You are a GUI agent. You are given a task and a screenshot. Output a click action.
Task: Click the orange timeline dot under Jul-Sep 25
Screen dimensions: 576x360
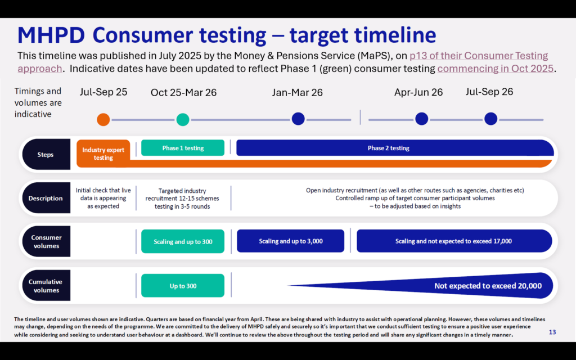pyautogui.click(x=103, y=119)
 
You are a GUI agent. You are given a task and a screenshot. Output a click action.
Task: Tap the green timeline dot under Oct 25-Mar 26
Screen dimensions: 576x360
pyautogui.click(x=183, y=119)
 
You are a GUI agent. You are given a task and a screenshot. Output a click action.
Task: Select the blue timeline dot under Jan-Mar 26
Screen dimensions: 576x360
pyautogui.click(x=298, y=119)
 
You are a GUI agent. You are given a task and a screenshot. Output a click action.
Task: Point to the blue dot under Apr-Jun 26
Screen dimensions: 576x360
pyautogui.click(x=421, y=119)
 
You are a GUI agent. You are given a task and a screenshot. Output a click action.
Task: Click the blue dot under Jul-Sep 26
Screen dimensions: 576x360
pyautogui.click(x=490, y=119)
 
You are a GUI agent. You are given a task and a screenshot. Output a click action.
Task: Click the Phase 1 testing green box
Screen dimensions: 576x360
pyautogui.click(x=183, y=148)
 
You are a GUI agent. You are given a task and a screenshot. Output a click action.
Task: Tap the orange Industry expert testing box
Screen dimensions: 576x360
pyautogui.click(x=103, y=153)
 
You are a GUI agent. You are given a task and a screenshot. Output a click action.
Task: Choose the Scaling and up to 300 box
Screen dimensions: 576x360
pyautogui.click(x=183, y=241)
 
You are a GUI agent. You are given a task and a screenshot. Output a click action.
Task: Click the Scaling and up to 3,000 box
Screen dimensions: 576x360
pyautogui.click(x=291, y=241)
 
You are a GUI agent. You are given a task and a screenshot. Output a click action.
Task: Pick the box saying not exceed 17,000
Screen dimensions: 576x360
pyautogui.click(x=454, y=241)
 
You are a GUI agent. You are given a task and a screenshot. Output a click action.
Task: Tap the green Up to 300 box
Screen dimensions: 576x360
pyautogui.click(x=183, y=285)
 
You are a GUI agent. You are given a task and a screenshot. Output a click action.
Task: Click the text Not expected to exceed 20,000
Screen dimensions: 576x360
pyautogui.click(x=488, y=286)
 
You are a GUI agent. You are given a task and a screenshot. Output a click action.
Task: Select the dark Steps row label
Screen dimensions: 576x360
pyautogui.click(x=46, y=154)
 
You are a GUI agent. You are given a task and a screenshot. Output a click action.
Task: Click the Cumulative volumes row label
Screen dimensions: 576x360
pyautogui.click(x=46, y=285)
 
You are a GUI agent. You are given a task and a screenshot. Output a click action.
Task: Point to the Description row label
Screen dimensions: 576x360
pyautogui.click(x=46, y=198)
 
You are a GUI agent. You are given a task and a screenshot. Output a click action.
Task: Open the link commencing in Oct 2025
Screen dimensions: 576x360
pyautogui.click(x=495, y=69)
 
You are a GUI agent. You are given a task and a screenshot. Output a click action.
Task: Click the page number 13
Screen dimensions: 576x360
pyautogui.click(x=552, y=332)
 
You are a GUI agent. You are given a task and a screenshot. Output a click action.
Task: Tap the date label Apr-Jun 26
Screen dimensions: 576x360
pyautogui.click(x=418, y=92)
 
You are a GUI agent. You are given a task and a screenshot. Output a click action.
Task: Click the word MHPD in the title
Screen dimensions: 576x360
pyautogui.click(x=51, y=35)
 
